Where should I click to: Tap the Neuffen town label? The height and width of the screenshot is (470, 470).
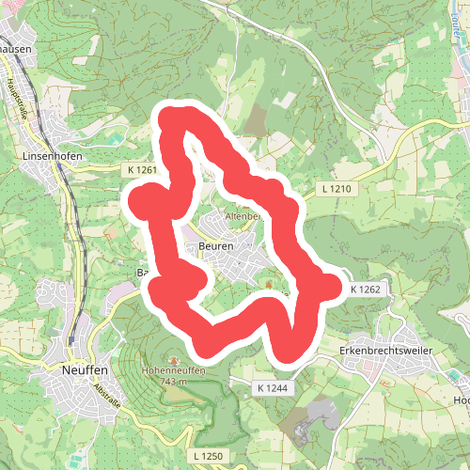(79, 371)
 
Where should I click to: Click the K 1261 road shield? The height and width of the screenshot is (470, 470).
(139, 170)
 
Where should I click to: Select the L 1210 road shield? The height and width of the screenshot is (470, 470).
(335, 190)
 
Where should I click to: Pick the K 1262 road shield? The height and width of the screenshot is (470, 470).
(365, 290)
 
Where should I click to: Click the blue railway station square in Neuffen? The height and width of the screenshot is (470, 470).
(71, 339)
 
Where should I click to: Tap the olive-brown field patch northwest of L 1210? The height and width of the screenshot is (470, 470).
(257, 120)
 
